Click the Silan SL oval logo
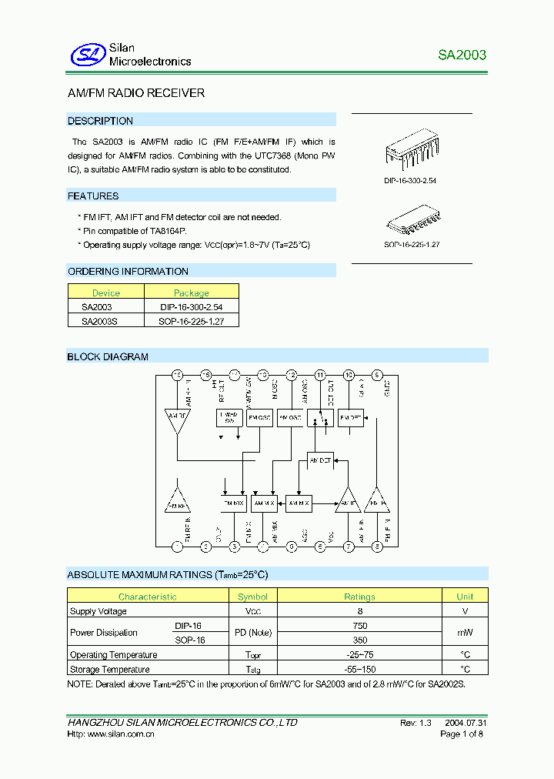pos(87,55)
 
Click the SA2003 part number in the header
pos(462,55)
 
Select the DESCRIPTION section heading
pos(101,121)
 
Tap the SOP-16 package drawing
pos(412,223)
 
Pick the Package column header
pos(192,293)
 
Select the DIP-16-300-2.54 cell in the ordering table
pos(192,306)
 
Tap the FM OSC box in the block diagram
pos(259,418)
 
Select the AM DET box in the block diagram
pos(320,460)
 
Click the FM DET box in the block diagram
pos(351,418)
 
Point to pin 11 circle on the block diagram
pos(320,376)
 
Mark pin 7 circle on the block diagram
pos(349,547)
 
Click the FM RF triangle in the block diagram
pos(178,503)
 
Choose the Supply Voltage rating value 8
pos(359,611)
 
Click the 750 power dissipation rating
pos(359,626)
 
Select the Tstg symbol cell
pos(252,670)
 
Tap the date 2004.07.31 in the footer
pos(465,723)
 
